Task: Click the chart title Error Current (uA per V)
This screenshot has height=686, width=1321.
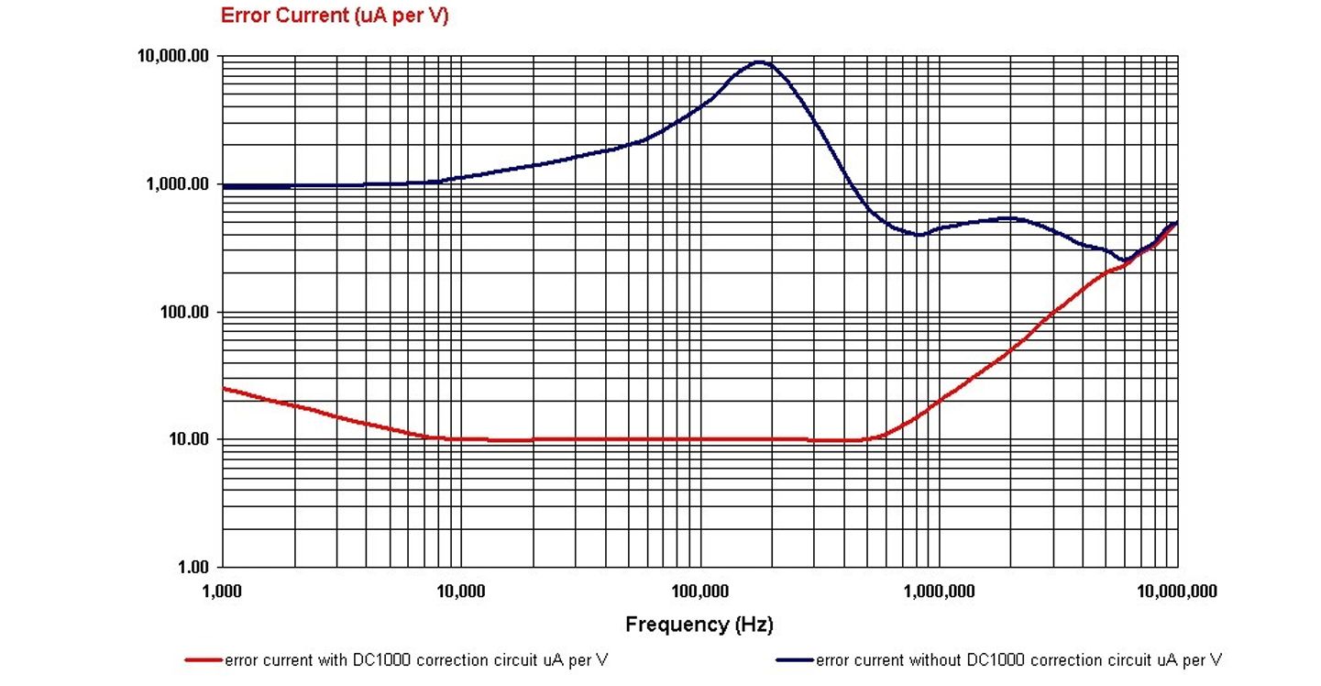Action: click(335, 16)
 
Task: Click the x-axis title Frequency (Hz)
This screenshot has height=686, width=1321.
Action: click(699, 625)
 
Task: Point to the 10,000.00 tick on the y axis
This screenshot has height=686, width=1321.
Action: click(173, 56)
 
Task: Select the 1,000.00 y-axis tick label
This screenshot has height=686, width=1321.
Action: click(178, 184)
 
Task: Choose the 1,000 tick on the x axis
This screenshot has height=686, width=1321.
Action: click(223, 592)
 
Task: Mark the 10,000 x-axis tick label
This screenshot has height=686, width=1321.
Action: click(461, 592)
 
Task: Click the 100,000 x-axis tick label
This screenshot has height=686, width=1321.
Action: click(699, 592)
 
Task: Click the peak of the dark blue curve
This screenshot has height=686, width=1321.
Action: click(759, 62)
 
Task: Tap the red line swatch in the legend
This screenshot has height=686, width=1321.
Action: click(204, 660)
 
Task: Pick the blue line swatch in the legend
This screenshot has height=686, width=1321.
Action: click(794, 660)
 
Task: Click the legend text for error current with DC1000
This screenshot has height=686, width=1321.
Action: click(415, 660)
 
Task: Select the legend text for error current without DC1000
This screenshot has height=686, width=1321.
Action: click(1018, 660)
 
